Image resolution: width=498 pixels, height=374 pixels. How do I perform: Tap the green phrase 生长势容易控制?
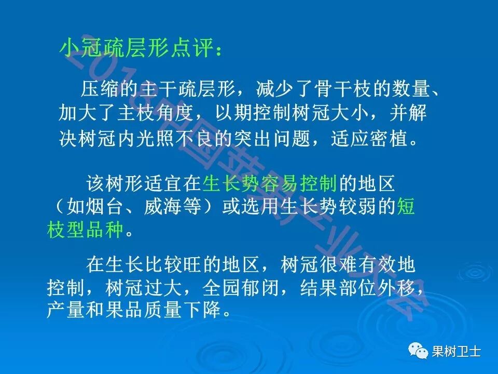click(270, 183)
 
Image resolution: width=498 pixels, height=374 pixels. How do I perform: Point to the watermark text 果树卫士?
click(457, 352)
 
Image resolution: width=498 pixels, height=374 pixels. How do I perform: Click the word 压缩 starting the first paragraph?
click(94, 89)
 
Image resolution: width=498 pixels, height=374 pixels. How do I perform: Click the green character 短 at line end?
click(406, 206)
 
